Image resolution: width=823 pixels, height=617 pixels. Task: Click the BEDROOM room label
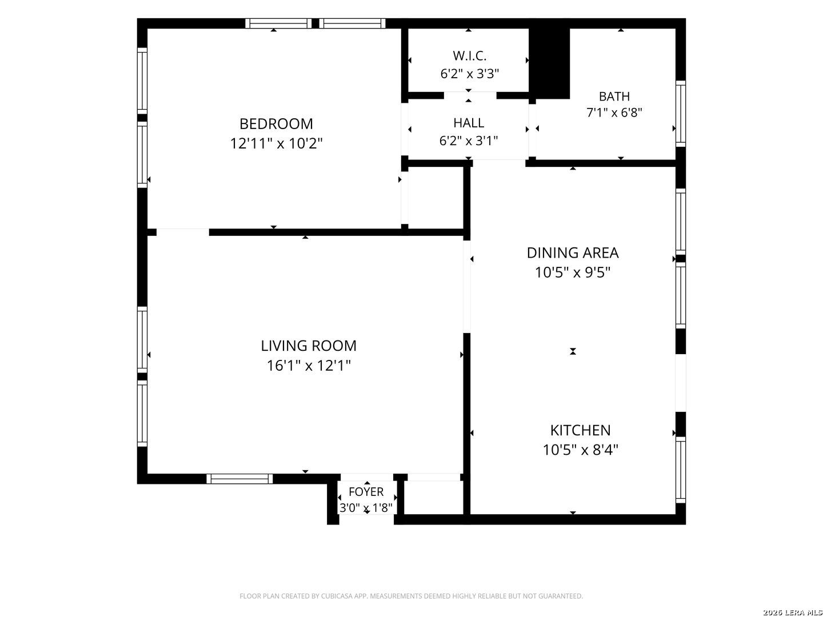[x=276, y=123]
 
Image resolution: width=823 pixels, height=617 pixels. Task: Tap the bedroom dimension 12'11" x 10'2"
[x=276, y=143]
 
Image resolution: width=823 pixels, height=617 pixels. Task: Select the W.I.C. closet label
[x=469, y=56]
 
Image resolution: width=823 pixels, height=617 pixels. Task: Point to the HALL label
[x=468, y=123]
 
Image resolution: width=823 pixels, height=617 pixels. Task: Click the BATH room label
[x=614, y=97]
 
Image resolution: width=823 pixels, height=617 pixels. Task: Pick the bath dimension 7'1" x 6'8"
[x=614, y=113]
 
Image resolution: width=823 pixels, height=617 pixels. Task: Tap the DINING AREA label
[x=573, y=253]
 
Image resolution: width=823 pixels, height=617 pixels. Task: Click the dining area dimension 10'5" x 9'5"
[x=573, y=273]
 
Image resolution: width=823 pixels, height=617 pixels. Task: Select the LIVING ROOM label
[x=309, y=346]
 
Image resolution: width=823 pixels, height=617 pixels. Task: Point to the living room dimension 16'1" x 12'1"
[x=309, y=365]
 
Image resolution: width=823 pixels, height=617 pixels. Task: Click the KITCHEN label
[x=581, y=430]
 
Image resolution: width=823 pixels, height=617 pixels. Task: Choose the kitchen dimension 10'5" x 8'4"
[x=581, y=450]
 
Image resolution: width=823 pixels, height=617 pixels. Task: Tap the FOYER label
[x=366, y=491]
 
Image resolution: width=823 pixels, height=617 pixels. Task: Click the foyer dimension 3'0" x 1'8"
[x=366, y=508]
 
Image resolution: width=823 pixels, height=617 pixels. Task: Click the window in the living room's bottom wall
[x=239, y=479]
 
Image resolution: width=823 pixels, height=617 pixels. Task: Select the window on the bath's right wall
[x=681, y=114]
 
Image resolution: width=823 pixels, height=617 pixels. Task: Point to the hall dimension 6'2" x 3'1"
[x=468, y=141]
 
